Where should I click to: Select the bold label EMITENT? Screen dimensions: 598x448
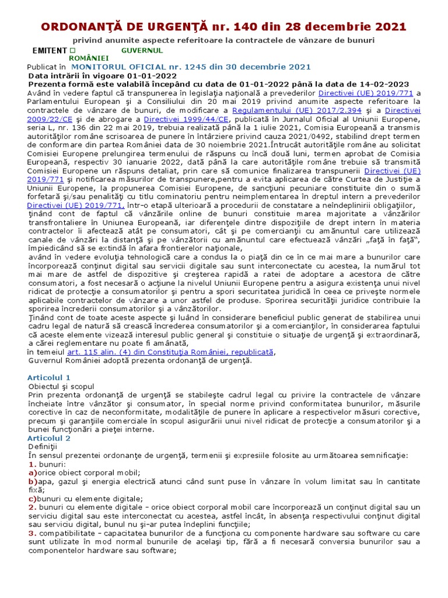pos(50,51)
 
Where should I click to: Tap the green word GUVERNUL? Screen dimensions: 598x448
pos(142,51)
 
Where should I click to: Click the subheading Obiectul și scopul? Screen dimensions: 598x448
pos(61,387)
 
